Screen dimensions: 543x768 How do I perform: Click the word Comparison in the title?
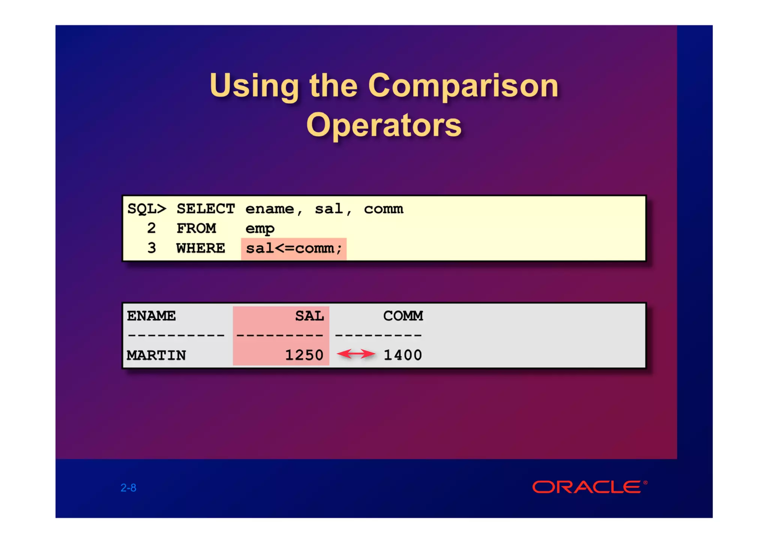pos(463,86)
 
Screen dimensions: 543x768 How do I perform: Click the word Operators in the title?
pos(384,126)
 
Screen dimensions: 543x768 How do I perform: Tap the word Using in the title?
pos(254,86)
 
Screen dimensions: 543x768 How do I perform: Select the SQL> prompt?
pos(147,209)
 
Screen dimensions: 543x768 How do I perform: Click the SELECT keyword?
pos(205,209)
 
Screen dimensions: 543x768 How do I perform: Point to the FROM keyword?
pos(196,228)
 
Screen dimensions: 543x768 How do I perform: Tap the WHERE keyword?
pos(201,248)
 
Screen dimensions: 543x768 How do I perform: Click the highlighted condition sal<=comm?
pos(294,249)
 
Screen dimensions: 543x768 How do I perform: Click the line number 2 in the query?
pos(151,228)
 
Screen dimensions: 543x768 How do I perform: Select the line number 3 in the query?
pos(151,248)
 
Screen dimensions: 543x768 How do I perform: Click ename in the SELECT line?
pos(270,209)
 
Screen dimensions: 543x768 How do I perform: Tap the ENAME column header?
pos(151,316)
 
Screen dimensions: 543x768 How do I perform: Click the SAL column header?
pos(309,316)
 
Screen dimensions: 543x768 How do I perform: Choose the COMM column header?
pos(403,316)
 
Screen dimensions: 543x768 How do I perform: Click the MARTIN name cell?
pos(156,355)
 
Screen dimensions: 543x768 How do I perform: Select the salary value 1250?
pos(304,355)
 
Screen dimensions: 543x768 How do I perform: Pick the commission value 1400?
pos(403,355)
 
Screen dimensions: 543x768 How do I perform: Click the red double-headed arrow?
pos(356,354)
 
